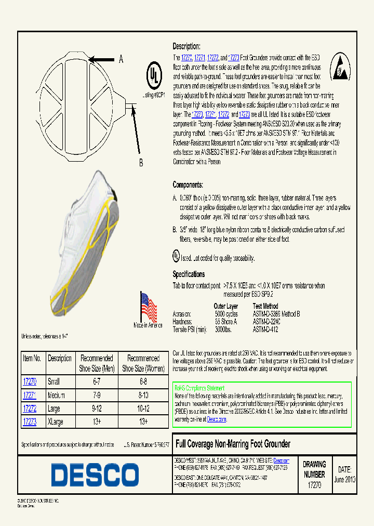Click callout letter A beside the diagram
pyautogui.click(x=121, y=59)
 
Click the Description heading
pyautogui.click(x=186, y=46)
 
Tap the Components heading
pyautogui.click(x=188, y=185)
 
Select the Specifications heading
pyautogui.click(x=189, y=274)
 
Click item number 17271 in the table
pyautogui.click(x=30, y=395)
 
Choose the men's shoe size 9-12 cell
pyautogui.click(x=97, y=409)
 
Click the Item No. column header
pyautogui.click(x=32, y=359)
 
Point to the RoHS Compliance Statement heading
pyautogui.click(x=199, y=388)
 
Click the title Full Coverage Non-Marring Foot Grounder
pyautogui.click(x=233, y=444)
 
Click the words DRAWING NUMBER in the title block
pyautogui.click(x=314, y=469)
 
